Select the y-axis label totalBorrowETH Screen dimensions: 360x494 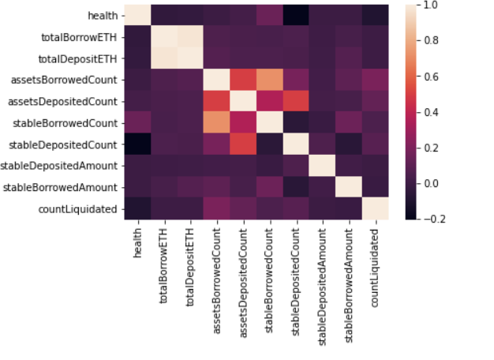click(x=84, y=36)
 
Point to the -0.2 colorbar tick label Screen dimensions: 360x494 click(x=432, y=219)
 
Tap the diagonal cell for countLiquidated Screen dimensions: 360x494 click(x=375, y=208)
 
